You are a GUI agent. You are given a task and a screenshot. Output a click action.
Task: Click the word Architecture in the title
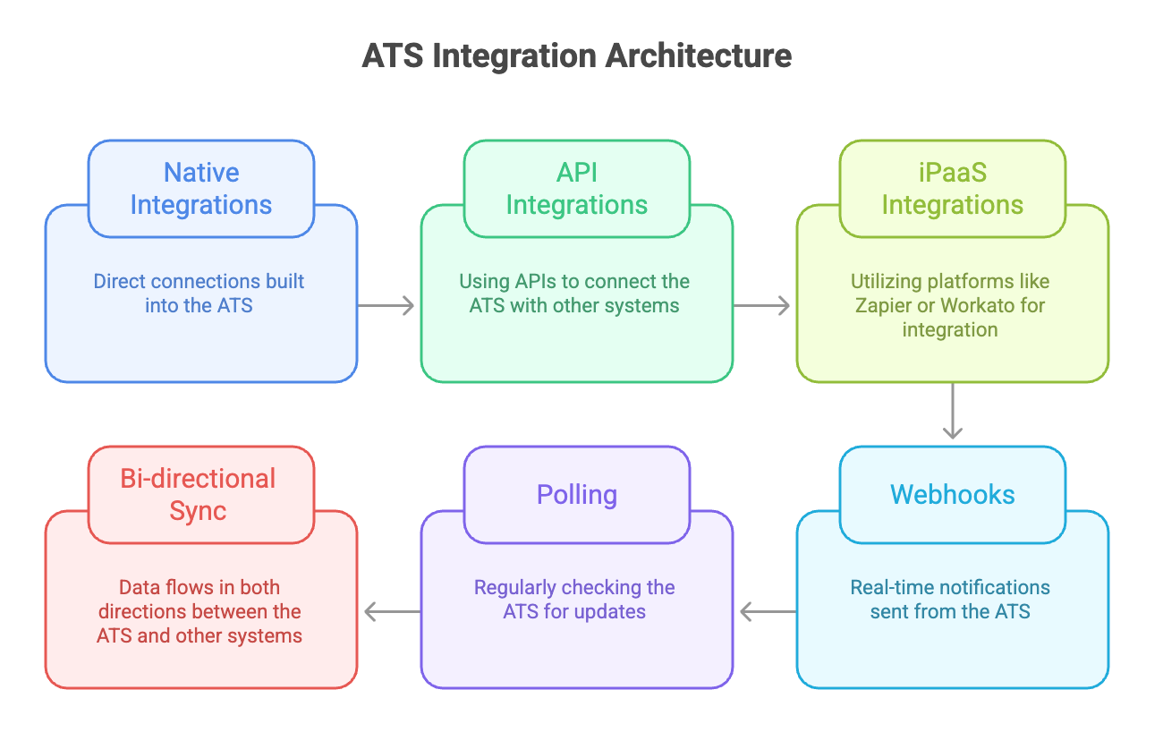tap(699, 55)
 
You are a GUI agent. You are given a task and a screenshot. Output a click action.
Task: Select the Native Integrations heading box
tap(201, 189)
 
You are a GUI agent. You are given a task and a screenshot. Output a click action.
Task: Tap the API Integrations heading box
tap(577, 189)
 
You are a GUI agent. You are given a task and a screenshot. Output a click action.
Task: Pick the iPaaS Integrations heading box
tap(953, 189)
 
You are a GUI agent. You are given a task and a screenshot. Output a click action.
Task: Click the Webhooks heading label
tap(953, 495)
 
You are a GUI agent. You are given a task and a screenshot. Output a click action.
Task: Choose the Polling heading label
tap(577, 495)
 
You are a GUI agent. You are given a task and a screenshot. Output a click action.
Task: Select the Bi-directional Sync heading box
tap(201, 495)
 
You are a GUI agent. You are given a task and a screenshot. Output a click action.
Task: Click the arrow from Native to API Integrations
tap(386, 305)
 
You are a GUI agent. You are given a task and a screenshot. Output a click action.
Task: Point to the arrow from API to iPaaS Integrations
tap(762, 305)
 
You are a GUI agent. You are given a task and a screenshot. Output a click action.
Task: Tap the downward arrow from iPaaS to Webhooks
tap(953, 412)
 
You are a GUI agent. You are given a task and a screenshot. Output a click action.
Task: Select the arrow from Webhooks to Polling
tap(768, 612)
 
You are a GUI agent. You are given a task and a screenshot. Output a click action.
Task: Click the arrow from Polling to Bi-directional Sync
tap(392, 612)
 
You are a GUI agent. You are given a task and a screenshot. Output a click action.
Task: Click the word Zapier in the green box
tap(888, 305)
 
